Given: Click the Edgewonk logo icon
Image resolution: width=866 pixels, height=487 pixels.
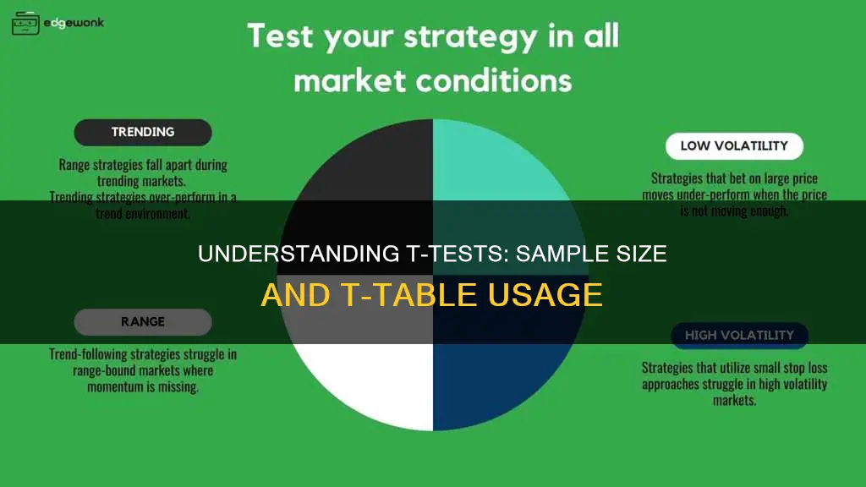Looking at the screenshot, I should (25, 23).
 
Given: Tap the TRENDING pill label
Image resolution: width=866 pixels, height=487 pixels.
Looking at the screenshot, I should (143, 132).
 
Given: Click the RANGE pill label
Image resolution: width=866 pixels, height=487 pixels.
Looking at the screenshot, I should (143, 321).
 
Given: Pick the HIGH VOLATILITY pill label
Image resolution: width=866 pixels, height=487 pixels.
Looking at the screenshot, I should (739, 335).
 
